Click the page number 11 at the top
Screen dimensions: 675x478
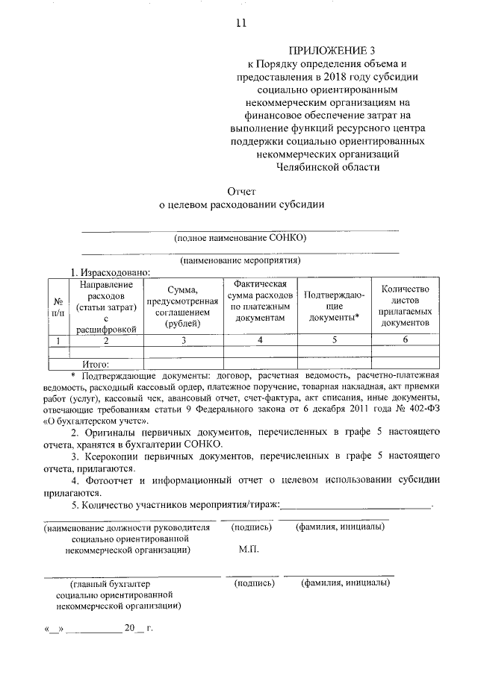coord(240,23)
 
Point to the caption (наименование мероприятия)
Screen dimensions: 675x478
coord(240,261)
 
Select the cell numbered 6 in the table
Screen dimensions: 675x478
coord(404,340)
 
